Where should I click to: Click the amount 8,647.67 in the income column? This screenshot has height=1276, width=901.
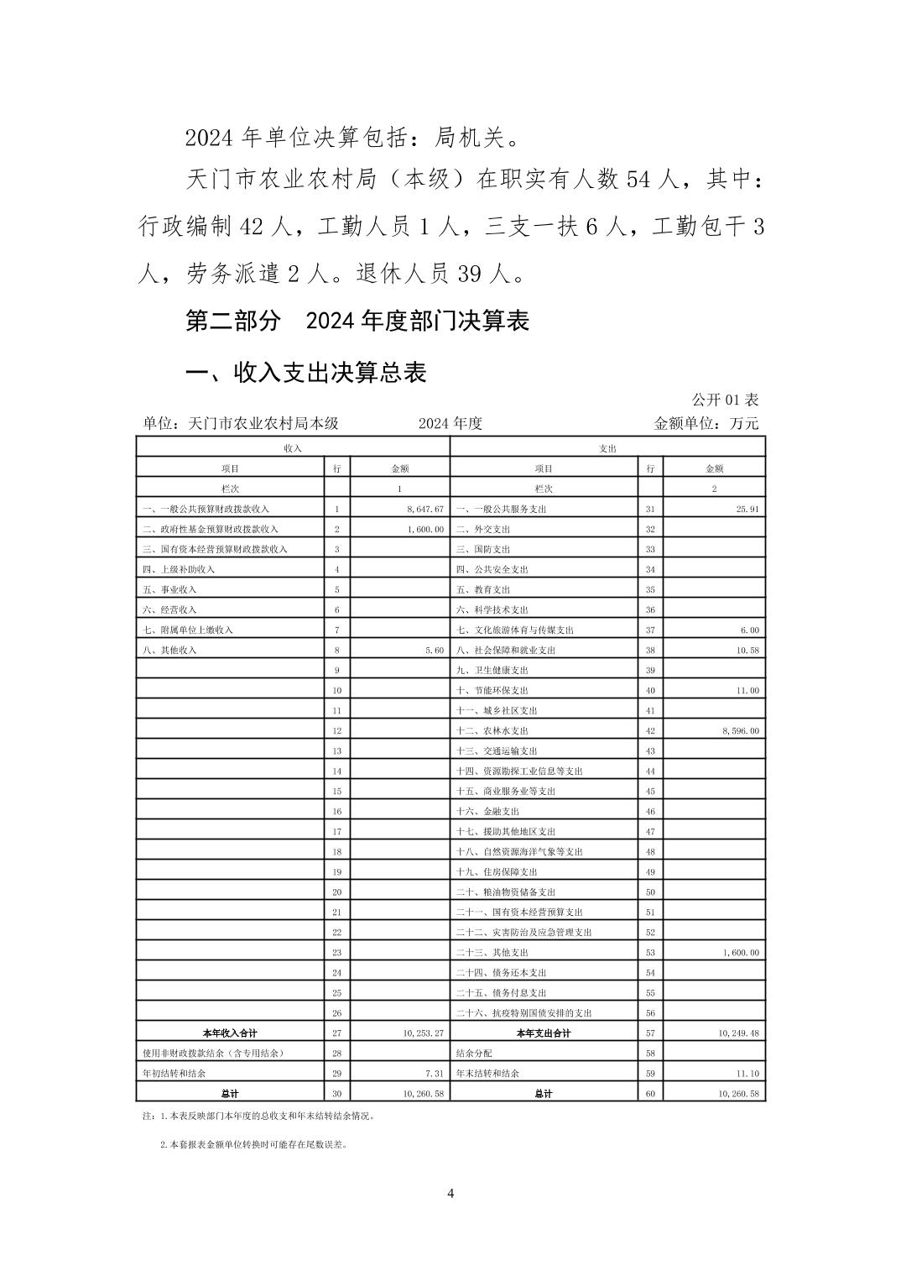424,510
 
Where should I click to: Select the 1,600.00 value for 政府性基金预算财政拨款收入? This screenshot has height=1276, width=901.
424,530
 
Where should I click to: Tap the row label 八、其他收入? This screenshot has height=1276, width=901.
170,651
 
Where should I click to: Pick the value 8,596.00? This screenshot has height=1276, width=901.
740,731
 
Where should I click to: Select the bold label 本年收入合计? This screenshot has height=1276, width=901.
230,1033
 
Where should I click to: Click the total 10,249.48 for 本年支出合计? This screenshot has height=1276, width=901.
738,1033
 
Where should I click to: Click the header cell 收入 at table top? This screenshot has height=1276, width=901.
293,449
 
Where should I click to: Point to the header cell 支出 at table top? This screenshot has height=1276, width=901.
607,449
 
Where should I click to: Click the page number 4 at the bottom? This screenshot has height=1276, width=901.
450,1194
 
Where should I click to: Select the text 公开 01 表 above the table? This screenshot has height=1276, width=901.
725,400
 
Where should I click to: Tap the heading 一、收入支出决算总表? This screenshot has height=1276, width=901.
306,372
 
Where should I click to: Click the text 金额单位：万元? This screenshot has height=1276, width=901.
706,424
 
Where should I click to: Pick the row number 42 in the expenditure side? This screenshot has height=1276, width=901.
650,731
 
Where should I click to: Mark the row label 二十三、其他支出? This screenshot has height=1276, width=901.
492,953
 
